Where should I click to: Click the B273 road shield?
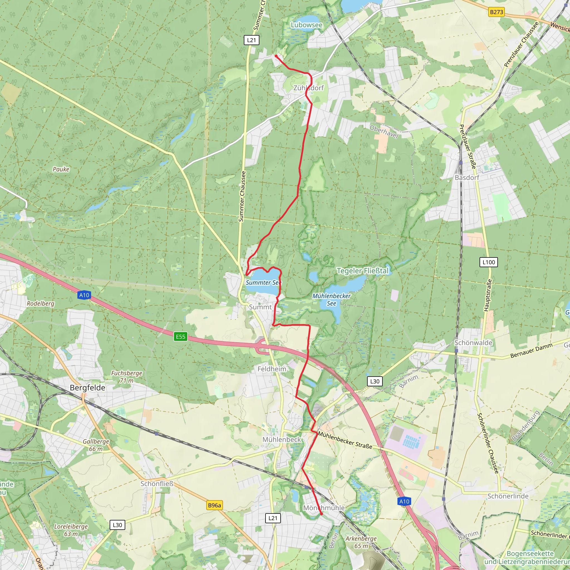pos(496,12)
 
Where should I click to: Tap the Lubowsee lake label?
pos(306,25)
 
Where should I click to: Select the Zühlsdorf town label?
pos(308,88)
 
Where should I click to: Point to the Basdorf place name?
pos(467,178)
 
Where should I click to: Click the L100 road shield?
pos(488,262)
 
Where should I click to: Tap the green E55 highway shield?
pos(181,337)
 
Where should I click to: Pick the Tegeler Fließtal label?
pos(363,271)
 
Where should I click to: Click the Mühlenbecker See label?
pos(331,299)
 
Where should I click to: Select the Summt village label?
pos(260,307)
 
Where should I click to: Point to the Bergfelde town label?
pos(87,388)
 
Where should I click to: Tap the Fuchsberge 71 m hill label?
pos(127,377)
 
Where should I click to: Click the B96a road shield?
pos(214,505)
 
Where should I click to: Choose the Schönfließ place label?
pos(157,484)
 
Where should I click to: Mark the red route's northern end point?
pos(276,56)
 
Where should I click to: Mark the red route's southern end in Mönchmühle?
pos(321,514)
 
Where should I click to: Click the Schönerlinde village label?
pos(508,496)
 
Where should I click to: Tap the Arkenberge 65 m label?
pos(361,542)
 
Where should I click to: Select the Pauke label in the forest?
pos(61,169)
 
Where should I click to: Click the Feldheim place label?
pos(272,369)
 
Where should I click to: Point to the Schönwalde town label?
pos(473,343)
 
